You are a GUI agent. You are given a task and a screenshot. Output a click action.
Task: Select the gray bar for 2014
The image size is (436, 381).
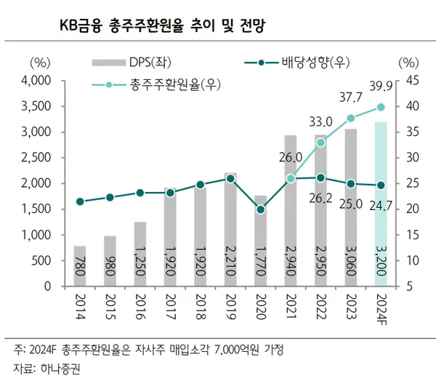coord(79,266)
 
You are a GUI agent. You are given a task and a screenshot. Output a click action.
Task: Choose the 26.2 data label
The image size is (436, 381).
coord(320,197)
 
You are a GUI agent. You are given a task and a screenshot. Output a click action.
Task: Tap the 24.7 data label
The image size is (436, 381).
coord(379,205)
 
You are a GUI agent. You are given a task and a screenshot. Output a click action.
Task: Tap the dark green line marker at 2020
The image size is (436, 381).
coord(260,209)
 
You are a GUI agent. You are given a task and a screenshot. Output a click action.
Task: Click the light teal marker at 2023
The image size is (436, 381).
coord(351,118)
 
